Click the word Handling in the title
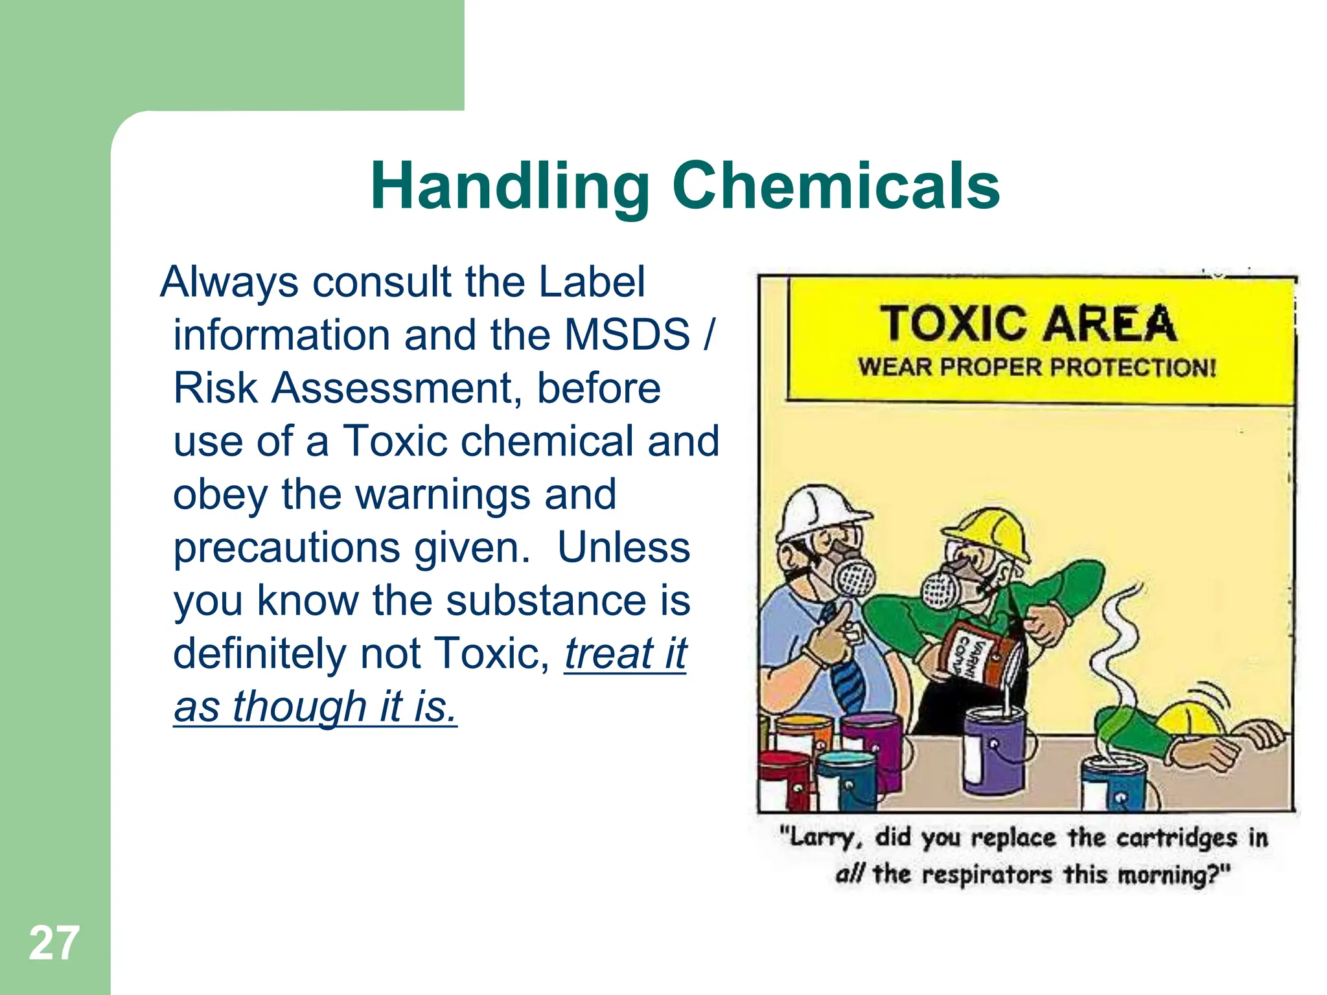coord(509,188)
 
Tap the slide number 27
coord(54,943)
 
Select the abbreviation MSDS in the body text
coord(627,335)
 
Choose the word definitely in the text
coord(260,653)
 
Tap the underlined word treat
coord(608,653)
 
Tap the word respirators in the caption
coord(987,875)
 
